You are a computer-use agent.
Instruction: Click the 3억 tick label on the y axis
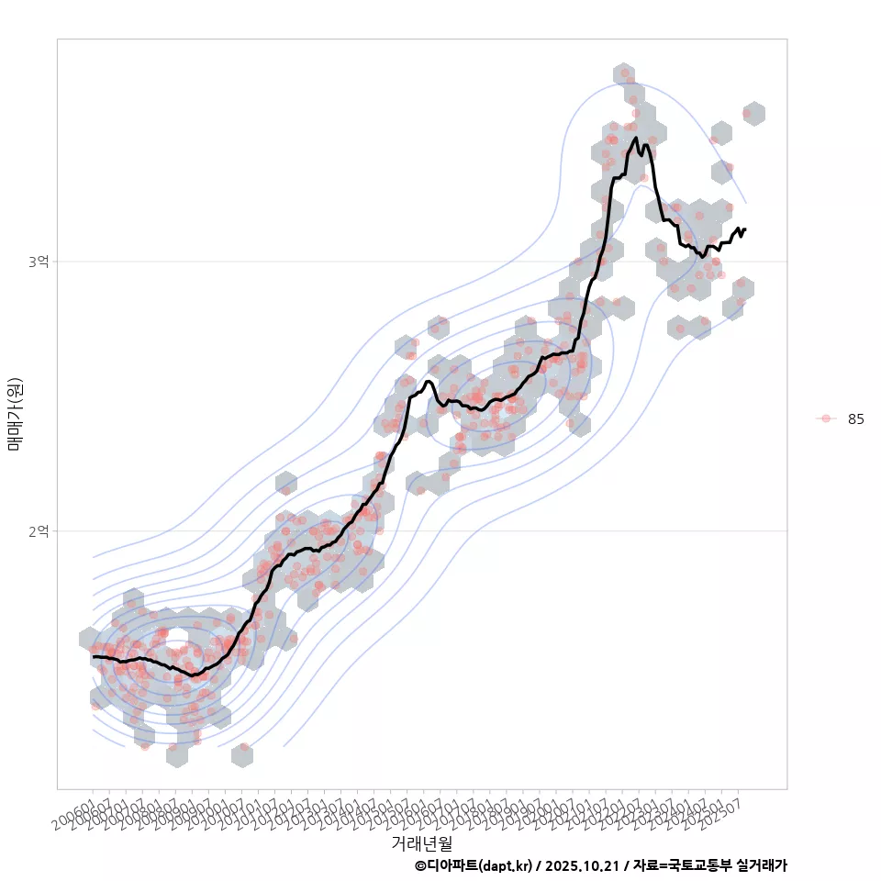(38, 262)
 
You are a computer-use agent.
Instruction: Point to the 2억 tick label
(38, 530)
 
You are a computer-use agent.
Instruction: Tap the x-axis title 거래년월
(421, 842)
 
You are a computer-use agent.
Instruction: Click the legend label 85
(855, 418)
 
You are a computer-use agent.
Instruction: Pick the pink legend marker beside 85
(826, 418)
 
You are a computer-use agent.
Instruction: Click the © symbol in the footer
(420, 865)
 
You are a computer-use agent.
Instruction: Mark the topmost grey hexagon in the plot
(624, 73)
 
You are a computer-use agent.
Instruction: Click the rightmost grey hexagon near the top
(753, 114)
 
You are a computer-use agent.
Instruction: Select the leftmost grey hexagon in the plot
(89, 639)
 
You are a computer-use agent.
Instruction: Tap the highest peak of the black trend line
(635, 139)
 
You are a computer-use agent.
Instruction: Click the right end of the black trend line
(745, 229)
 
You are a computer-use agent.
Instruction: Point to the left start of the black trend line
(94, 656)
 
